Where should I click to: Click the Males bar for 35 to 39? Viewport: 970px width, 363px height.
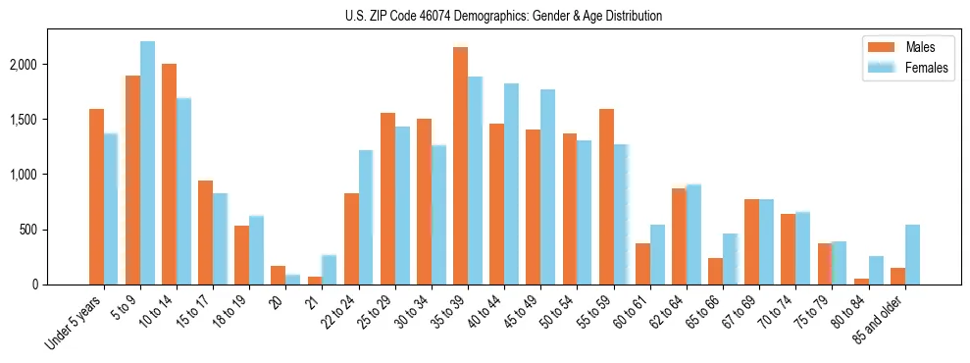[x=460, y=166]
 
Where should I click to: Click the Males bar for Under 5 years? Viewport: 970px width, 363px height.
[x=96, y=196]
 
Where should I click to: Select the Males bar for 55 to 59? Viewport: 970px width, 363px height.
[x=606, y=196]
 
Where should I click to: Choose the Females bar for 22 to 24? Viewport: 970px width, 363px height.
[x=366, y=217]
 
